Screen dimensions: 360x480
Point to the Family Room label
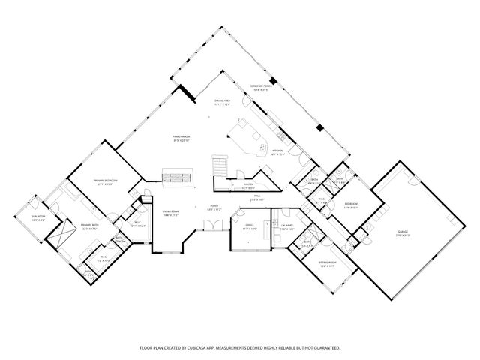[x=181, y=138]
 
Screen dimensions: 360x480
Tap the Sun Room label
[x=38, y=218]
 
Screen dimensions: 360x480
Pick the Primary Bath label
[x=70, y=226]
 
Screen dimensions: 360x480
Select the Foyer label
[x=214, y=208]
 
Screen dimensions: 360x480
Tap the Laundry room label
[x=287, y=226]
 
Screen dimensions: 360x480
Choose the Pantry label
[x=244, y=184]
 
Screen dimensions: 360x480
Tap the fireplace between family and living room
[x=178, y=179]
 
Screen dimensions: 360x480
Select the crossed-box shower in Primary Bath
[x=58, y=237]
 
